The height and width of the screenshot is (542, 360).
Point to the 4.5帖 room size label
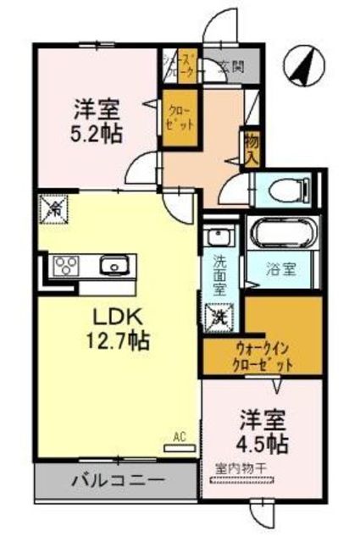tap(262, 442)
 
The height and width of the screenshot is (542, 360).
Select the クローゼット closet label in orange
tap(180, 117)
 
